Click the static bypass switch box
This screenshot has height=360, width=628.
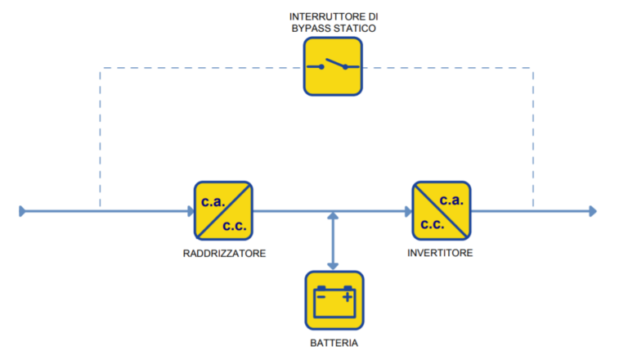(x=333, y=66)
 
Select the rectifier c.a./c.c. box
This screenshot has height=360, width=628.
(x=223, y=211)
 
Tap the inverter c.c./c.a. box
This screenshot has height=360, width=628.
(x=442, y=211)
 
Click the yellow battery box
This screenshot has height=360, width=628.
(x=334, y=300)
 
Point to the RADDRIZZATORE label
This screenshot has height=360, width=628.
(x=224, y=254)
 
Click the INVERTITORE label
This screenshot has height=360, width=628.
(x=440, y=253)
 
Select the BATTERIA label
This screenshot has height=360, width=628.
(x=334, y=343)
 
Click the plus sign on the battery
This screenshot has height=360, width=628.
(x=348, y=297)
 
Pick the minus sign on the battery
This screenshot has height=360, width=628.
(x=321, y=297)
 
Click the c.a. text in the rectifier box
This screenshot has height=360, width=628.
(x=213, y=201)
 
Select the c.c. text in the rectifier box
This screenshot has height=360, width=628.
(x=235, y=226)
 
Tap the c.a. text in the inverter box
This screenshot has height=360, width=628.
(x=451, y=200)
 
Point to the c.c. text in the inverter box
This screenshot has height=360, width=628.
(x=432, y=224)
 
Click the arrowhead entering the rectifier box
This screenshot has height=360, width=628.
(x=191, y=211)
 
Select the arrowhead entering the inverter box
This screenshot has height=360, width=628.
(x=409, y=211)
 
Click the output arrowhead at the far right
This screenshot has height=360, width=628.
(x=593, y=211)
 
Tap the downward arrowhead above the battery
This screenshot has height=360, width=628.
(x=333, y=266)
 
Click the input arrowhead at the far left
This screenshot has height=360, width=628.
(x=22, y=211)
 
